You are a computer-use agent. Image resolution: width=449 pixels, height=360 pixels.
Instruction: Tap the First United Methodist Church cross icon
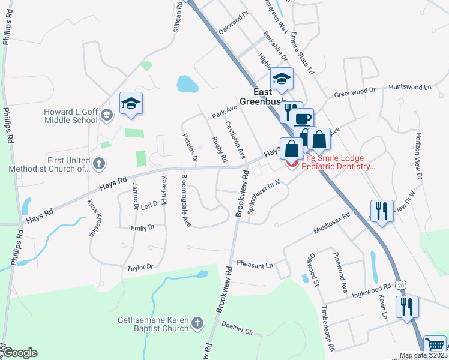pyautogui.click(x=100, y=163)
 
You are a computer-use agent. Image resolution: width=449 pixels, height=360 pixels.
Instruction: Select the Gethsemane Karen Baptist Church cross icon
pyautogui.click(x=197, y=325)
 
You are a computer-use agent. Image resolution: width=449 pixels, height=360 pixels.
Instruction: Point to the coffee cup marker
pyautogui.click(x=304, y=118)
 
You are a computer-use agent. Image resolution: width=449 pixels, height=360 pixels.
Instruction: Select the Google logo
pyautogui.click(x=20, y=353)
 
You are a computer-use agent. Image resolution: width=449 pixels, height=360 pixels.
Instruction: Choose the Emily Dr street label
pyautogui.click(x=143, y=227)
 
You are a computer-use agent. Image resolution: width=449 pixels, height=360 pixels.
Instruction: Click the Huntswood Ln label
pyautogui.click(x=410, y=87)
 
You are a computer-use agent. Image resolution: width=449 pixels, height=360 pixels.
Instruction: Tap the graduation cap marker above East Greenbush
pyautogui.click(x=281, y=78)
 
